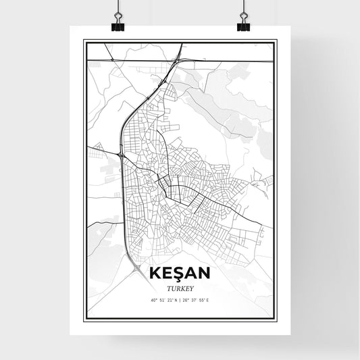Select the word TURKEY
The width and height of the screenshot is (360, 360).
(x=180, y=286)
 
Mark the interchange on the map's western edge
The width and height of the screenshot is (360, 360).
(x=120, y=155)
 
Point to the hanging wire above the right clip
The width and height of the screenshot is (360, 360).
(x=243, y=7)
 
